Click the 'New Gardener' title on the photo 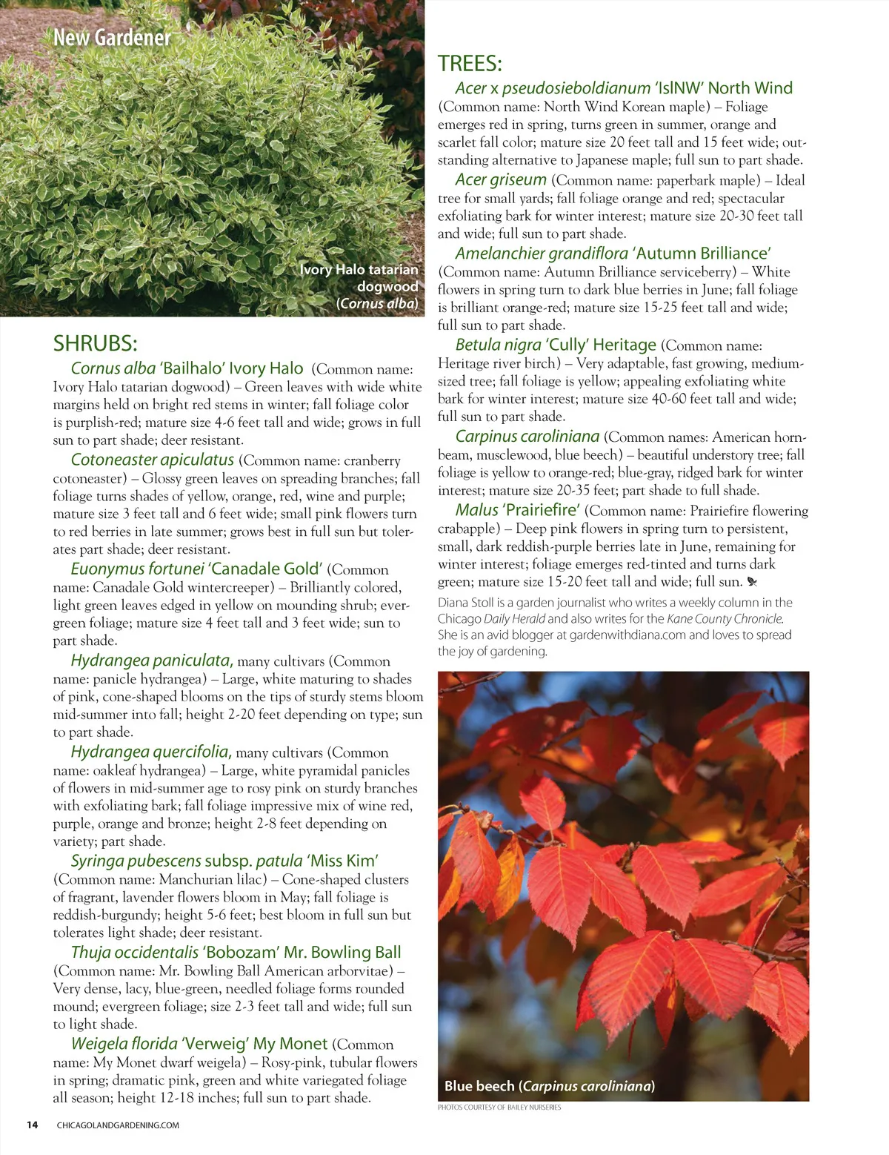[x=112, y=37]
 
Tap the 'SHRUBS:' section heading [x=95, y=343]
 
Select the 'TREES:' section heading [x=470, y=64]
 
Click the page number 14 [x=32, y=1125]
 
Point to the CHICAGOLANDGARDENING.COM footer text [x=118, y=1125]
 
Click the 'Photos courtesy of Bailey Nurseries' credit [x=499, y=1108]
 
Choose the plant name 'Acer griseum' [x=501, y=179]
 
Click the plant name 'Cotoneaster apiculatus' [x=152, y=460]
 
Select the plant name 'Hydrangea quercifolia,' [x=151, y=752]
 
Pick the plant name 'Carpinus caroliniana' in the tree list [x=527, y=437]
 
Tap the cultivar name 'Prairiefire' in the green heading [x=542, y=510]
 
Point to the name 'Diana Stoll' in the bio [x=465, y=603]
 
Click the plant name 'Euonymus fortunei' [x=137, y=569]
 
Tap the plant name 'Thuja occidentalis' [x=134, y=952]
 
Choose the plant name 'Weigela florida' [x=124, y=1044]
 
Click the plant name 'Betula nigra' [x=498, y=345]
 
